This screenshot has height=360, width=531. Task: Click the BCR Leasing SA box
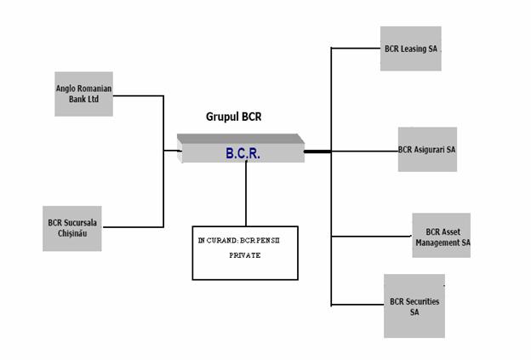pos(410,49)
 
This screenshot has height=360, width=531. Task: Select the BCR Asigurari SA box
pos(427,150)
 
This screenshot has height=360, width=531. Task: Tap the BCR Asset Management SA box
pos(442,236)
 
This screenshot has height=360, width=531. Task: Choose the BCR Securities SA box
pos(414,306)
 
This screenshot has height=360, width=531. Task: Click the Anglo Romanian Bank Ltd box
pos(83,94)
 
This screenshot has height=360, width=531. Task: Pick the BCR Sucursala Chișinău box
pos(72,228)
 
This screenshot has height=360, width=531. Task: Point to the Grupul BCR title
pos(233,117)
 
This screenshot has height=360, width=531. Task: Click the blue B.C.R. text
pos(243,154)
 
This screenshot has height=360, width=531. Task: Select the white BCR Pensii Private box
pos(245,252)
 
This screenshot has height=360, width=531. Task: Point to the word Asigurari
pos(428,150)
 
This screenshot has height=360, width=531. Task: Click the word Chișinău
pos(72,234)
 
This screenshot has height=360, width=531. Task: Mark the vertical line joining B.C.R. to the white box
pos(246,194)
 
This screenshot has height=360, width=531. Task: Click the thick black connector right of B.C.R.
pos(317,151)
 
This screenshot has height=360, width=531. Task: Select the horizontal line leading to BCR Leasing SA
pos(356,49)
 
